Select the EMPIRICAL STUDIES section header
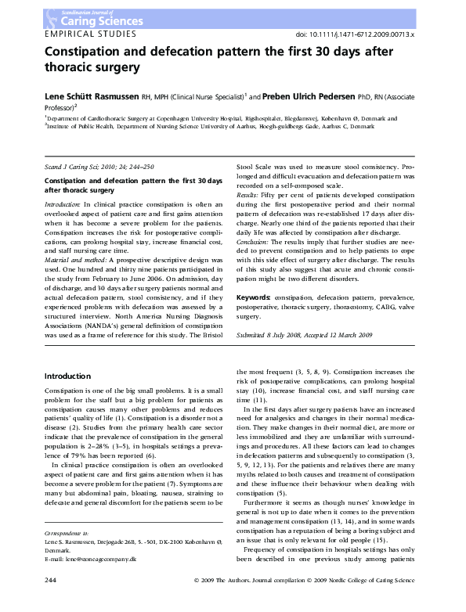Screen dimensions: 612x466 tap(90, 34)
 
